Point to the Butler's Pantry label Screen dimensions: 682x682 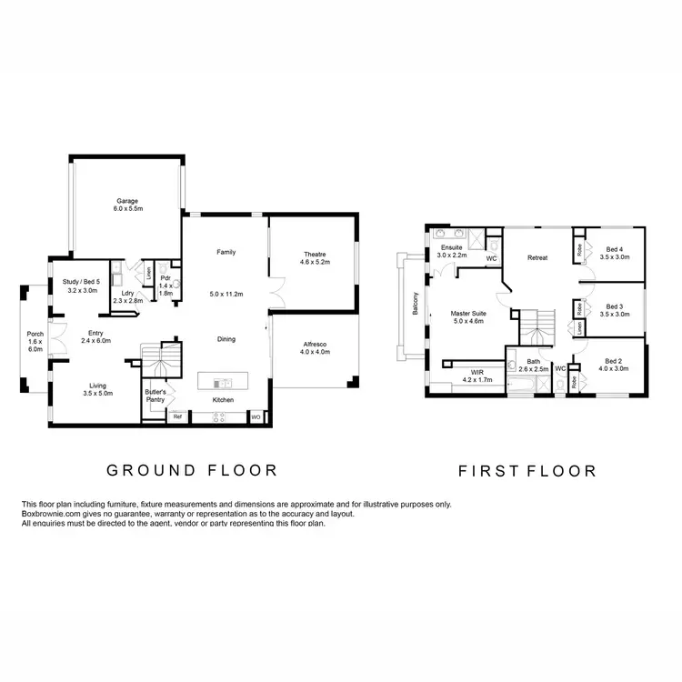tap(155, 395)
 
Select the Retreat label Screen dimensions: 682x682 tap(537, 258)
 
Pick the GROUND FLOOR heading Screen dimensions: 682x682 tap(191, 470)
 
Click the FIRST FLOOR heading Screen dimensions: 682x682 tap(527, 471)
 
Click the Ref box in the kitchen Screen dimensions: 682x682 tap(178, 417)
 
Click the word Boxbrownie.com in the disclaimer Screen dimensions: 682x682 tap(53, 514)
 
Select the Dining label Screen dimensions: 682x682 tap(226, 339)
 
